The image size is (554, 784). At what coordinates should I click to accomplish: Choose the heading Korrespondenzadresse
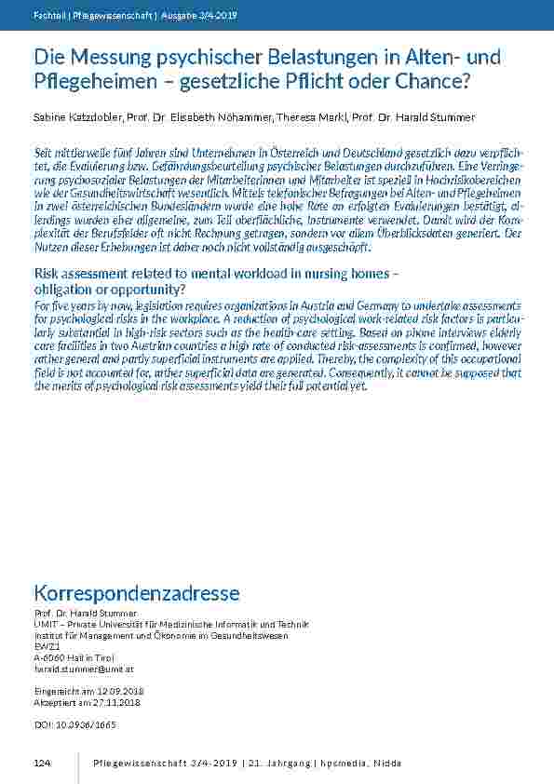137,593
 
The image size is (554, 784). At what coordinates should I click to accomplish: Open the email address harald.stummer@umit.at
84,669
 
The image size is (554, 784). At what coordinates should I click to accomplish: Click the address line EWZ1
46,646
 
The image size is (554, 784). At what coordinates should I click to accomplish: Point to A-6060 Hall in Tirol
73,657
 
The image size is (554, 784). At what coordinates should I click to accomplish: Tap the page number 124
42,764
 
